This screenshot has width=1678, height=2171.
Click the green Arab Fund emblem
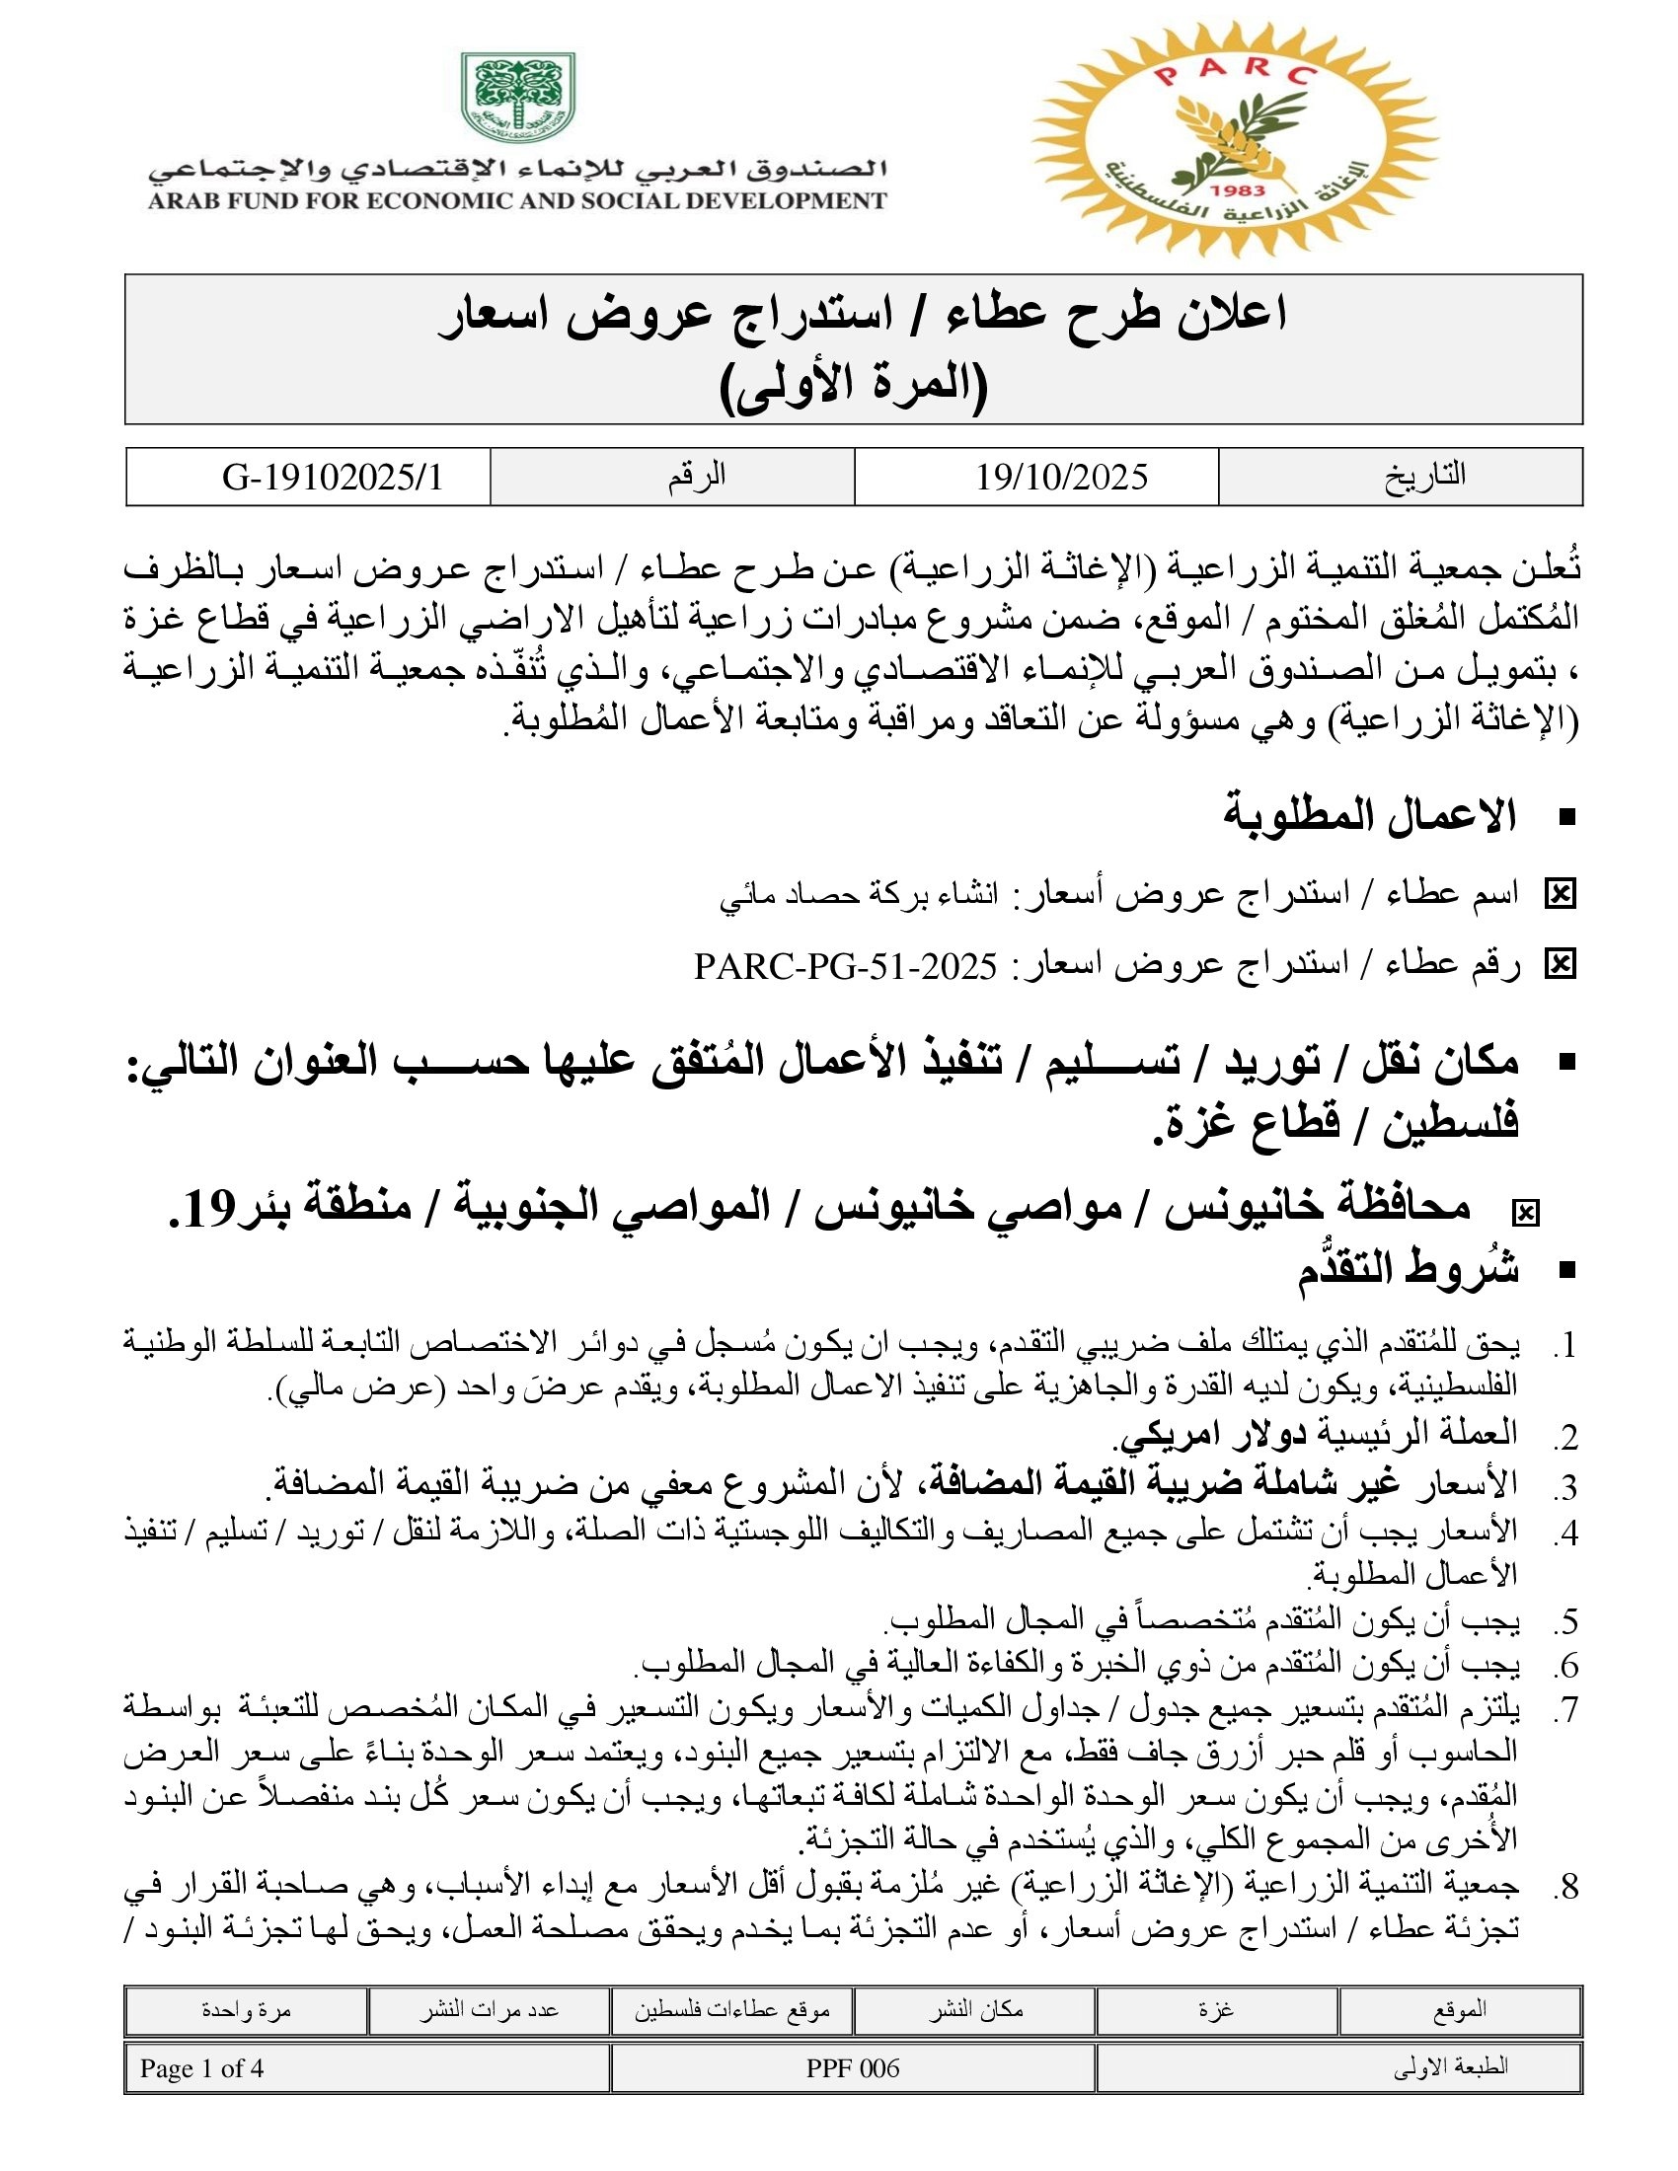[517, 98]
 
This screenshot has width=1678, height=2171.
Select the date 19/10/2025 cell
[1062, 478]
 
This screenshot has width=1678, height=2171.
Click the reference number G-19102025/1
[332, 478]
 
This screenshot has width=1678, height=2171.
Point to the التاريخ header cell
[1424, 477]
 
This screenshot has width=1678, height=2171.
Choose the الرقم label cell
[696, 477]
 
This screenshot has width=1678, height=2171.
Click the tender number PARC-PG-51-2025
[845, 965]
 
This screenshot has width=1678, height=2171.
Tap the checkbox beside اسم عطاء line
[1559, 895]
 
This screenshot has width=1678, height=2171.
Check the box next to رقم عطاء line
[1559, 964]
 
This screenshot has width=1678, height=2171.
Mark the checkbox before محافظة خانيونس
[1524, 1212]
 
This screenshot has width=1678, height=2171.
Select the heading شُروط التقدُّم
[1408, 1270]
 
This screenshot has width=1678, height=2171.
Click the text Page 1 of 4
[201, 2068]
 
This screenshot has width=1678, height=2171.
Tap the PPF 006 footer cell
[852, 2068]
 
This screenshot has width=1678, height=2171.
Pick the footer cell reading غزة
[1216, 2010]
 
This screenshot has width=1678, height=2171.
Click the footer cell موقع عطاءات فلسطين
[731, 2010]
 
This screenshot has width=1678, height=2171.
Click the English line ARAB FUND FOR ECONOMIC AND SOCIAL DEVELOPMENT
[517, 200]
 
